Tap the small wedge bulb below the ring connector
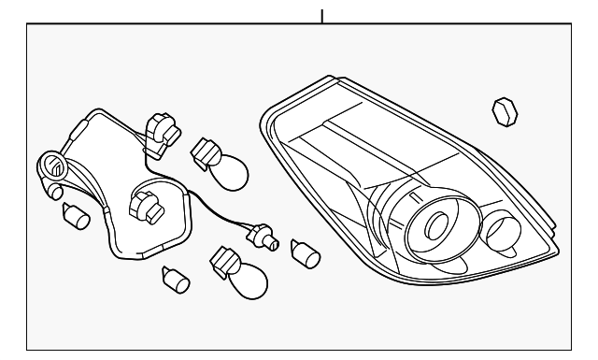(75, 216)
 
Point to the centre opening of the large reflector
(435, 225)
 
